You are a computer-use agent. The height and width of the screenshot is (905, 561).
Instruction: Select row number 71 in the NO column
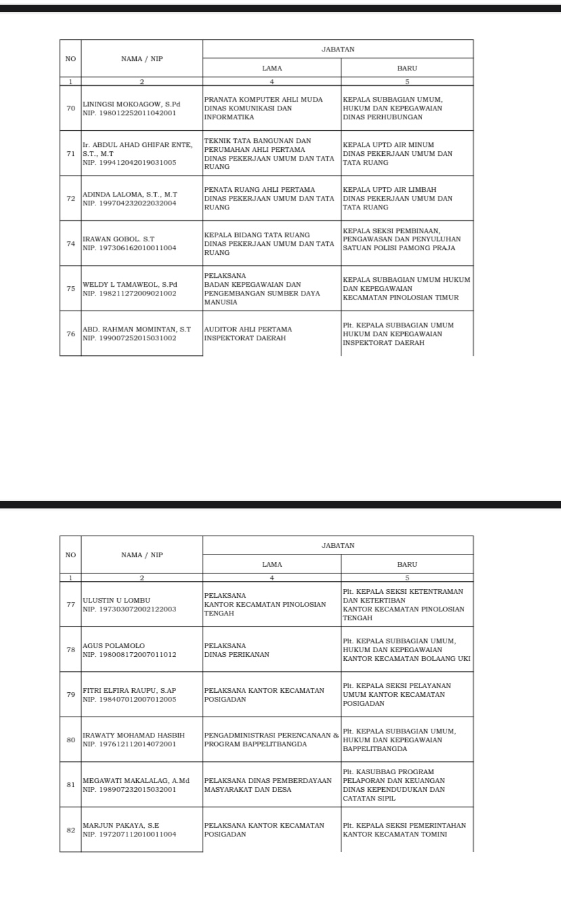70,153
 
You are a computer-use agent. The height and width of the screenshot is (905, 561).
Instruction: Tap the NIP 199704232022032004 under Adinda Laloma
129,203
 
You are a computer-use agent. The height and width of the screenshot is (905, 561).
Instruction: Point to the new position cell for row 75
407,288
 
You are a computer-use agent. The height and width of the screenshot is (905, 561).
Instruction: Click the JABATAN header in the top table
337,49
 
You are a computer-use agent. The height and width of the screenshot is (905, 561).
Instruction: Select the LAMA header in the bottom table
272,564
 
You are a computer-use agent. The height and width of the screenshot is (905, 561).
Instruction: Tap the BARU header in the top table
407,68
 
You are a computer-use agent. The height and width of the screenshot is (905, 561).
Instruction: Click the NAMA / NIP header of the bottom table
142,555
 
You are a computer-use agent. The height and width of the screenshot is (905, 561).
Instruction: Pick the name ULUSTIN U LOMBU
116,600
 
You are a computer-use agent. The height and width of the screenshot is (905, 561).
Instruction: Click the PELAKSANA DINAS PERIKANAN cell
236,650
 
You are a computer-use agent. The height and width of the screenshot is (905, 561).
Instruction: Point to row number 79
70,694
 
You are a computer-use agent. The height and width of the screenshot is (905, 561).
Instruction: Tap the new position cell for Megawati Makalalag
407,785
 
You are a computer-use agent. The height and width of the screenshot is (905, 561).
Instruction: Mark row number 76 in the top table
70,334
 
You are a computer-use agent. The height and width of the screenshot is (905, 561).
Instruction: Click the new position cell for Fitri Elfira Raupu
407,694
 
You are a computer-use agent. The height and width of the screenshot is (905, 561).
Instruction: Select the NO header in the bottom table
70,555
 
